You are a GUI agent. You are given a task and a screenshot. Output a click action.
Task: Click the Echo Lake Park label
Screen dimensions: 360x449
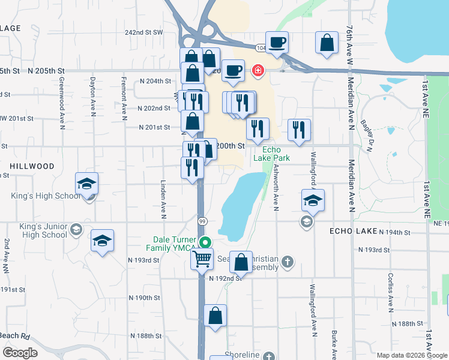click(276, 154)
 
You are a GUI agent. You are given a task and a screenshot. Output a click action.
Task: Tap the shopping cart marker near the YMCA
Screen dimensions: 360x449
click(202, 259)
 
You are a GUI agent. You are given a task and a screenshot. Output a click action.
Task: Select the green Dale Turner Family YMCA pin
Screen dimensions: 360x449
click(205, 243)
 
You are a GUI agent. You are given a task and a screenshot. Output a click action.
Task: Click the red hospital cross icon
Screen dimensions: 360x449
click(258, 71)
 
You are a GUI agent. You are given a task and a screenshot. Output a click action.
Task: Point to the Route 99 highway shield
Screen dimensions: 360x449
click(203, 221)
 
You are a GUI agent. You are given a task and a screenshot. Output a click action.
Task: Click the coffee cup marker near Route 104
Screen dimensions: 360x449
click(277, 43)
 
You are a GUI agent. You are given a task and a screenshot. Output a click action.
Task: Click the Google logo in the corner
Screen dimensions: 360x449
click(20, 353)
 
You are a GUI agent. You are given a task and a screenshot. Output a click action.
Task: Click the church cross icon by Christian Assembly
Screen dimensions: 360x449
click(288, 261)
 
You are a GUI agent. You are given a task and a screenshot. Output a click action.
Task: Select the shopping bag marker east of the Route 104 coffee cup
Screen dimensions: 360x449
click(326, 43)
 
